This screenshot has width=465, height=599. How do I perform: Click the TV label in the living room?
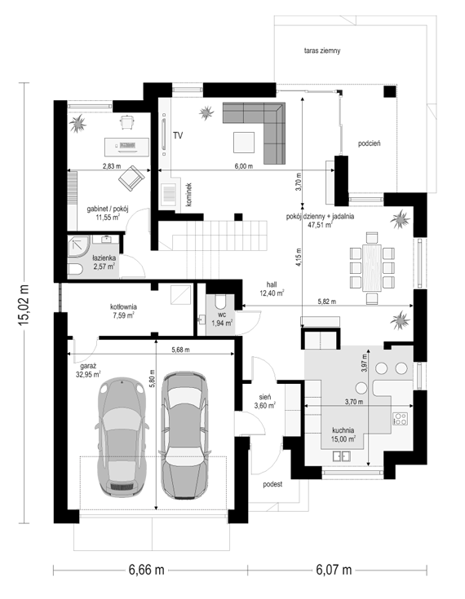pyautogui.click(x=178, y=135)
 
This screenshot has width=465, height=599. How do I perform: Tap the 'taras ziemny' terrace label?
pyautogui.click(x=322, y=51)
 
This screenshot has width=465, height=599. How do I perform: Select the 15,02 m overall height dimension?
pyautogui.click(x=24, y=304)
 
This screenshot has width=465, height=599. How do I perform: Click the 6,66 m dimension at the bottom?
pyautogui.click(x=147, y=570)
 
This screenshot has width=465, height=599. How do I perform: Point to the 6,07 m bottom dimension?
pyautogui.click(x=334, y=570)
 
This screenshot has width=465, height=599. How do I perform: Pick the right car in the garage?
pyautogui.click(x=184, y=435)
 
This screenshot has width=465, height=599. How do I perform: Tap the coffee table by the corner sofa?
pyautogui.click(x=244, y=142)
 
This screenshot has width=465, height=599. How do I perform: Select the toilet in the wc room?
pyautogui.click(x=221, y=301)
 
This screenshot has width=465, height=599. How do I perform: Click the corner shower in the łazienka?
pyautogui.click(x=79, y=245)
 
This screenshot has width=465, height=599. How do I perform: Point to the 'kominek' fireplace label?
pyautogui.click(x=189, y=195)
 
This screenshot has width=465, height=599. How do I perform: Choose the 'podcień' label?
pyautogui.click(x=369, y=143)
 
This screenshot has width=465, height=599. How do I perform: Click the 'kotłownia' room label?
pyautogui.click(x=123, y=306)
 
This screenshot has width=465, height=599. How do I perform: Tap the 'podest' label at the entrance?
pyautogui.click(x=272, y=484)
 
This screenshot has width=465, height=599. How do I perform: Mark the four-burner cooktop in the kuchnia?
pyautogui.click(x=401, y=419)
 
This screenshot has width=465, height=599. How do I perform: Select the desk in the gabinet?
pyautogui.click(x=127, y=146)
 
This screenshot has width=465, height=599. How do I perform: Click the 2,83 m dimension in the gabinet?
pyautogui.click(x=112, y=166)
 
